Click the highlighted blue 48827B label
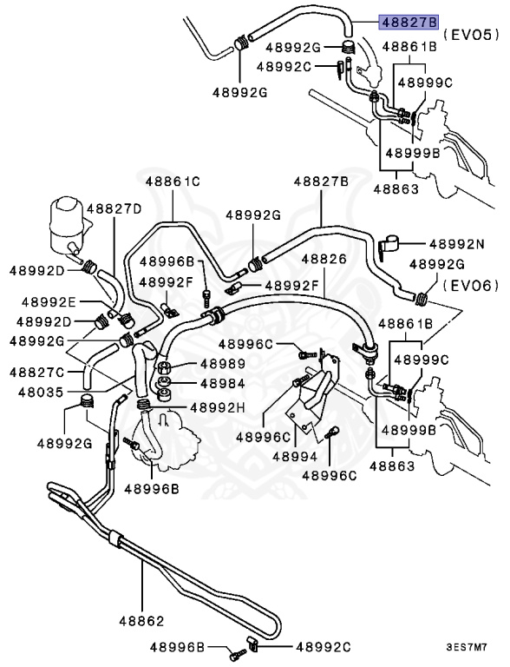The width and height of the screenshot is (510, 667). (x=409, y=21)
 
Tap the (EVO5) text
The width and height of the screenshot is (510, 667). (x=471, y=35)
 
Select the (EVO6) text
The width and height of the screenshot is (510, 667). (x=471, y=285)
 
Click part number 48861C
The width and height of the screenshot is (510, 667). (x=173, y=182)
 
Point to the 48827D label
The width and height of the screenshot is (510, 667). (x=114, y=208)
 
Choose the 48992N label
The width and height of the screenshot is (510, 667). (x=457, y=244)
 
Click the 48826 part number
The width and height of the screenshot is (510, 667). (x=324, y=259)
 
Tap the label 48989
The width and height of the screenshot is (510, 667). (x=223, y=364)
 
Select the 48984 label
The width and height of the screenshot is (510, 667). (x=223, y=383)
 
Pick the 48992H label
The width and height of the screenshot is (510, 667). (x=218, y=407)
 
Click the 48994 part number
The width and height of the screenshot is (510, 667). (x=295, y=457)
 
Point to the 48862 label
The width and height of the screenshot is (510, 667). (x=141, y=621)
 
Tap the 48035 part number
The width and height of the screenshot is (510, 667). (x=41, y=392)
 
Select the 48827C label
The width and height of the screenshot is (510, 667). (x=37, y=373)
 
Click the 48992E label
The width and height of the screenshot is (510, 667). (x=49, y=301)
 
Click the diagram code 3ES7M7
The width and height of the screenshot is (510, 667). (x=467, y=647)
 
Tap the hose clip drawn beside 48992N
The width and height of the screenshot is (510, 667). (x=389, y=247)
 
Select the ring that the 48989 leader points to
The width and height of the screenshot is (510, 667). (x=164, y=368)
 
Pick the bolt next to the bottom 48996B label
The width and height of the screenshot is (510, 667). (x=238, y=654)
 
